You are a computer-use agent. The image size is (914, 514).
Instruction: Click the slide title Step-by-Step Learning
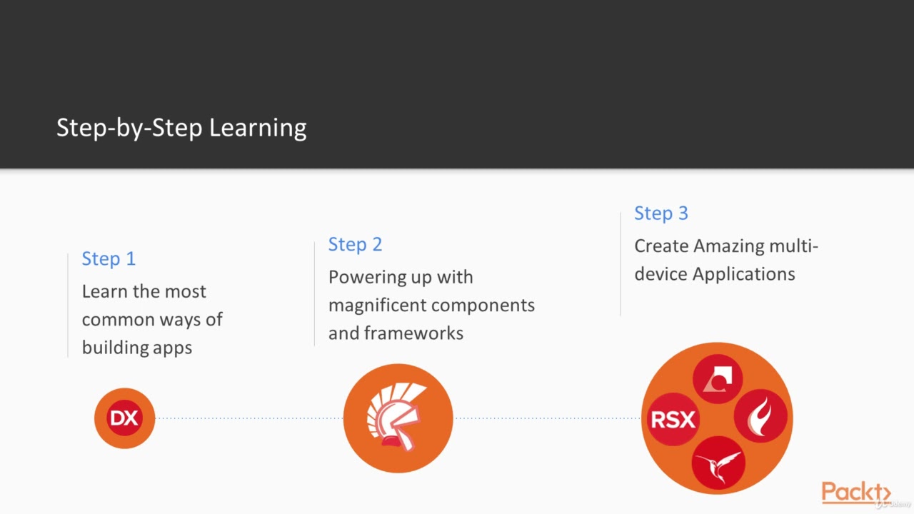[x=181, y=128]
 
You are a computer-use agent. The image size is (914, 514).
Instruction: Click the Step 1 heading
[x=109, y=258]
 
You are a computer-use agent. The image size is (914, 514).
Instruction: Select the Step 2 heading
[x=355, y=244]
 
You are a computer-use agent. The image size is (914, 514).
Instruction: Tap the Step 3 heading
[x=661, y=213]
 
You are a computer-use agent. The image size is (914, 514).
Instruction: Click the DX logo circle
[x=124, y=418]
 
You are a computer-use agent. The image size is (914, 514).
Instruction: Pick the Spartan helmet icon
[x=398, y=418]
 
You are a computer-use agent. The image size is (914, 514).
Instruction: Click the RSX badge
[x=672, y=420]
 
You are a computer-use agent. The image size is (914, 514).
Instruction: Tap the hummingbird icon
[x=718, y=462]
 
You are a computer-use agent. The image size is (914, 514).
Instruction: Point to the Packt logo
[x=855, y=493]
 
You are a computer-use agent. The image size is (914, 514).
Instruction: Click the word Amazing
[x=728, y=246]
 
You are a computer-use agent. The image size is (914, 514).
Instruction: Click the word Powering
[x=364, y=277]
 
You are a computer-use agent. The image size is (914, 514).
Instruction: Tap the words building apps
[x=136, y=348]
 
